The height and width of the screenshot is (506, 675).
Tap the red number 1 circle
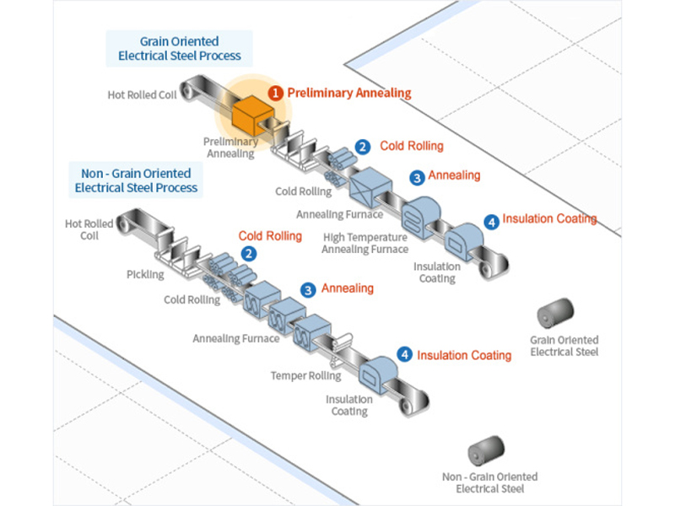pyautogui.click(x=275, y=92)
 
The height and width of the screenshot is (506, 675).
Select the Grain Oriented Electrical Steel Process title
pyautogui.click(x=179, y=48)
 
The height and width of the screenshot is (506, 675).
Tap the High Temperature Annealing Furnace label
pyautogui.click(x=364, y=243)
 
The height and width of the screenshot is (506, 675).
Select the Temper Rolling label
pyautogui.click(x=305, y=375)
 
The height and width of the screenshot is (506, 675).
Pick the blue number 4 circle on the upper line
pyautogui.click(x=491, y=222)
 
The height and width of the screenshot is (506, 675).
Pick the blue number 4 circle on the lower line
pyautogui.click(x=406, y=355)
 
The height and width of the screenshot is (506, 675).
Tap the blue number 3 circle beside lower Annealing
pyautogui.click(x=309, y=289)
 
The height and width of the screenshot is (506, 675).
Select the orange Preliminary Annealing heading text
pyautogui.click(x=349, y=92)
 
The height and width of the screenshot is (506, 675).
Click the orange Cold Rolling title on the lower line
pyautogui.click(x=269, y=236)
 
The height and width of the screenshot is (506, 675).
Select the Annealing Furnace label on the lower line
pyautogui.click(x=235, y=338)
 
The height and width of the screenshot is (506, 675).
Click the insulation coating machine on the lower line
pyautogui.click(x=376, y=372)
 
